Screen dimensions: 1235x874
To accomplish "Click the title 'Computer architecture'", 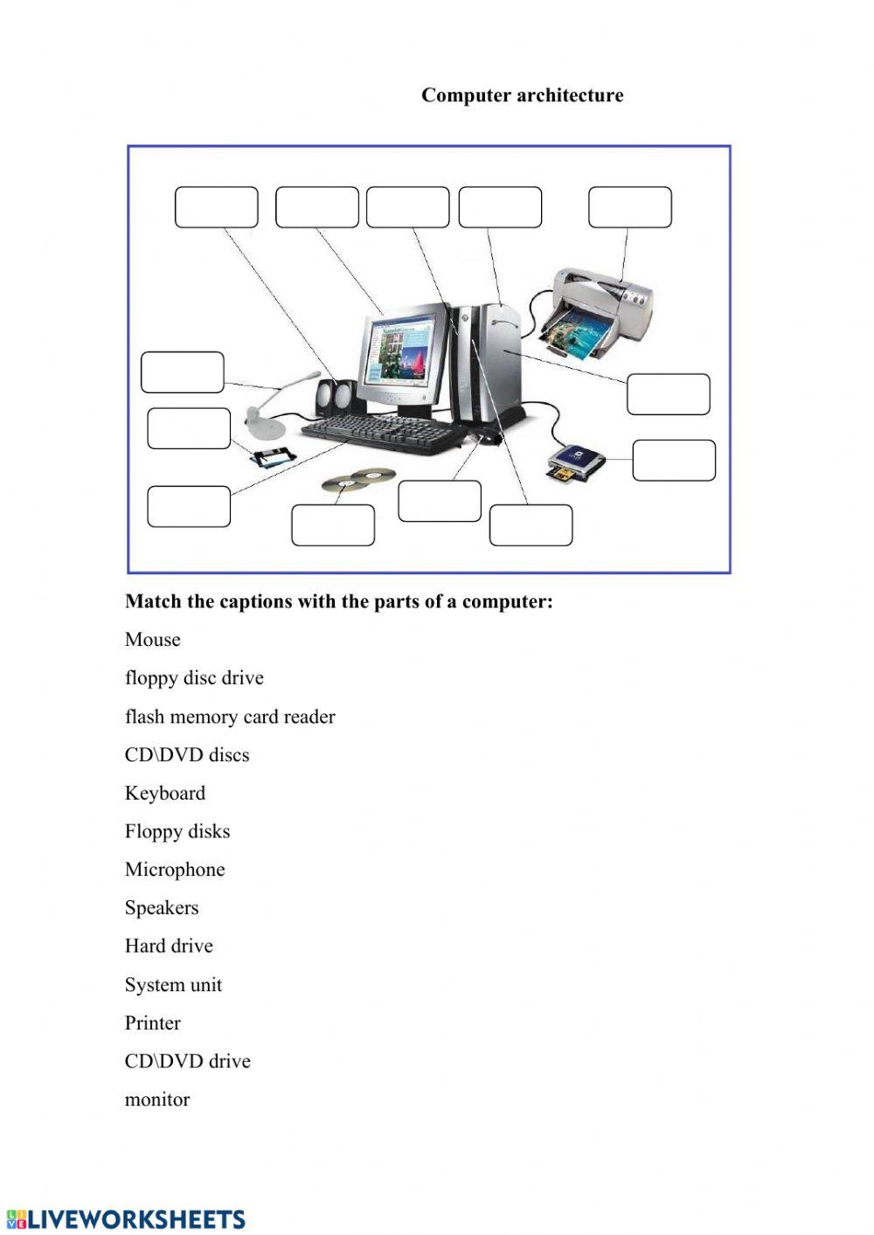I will click(522, 95).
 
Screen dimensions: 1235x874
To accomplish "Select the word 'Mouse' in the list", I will click(152, 640).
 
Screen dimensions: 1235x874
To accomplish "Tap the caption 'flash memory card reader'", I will click(230, 717).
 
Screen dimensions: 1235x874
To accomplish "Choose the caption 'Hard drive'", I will click(169, 946).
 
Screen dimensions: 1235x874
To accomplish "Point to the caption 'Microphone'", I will click(175, 870).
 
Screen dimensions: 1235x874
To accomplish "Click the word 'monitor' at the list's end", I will click(157, 1100).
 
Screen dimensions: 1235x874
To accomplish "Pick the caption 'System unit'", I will click(173, 985).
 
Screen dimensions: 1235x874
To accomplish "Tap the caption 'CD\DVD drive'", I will click(187, 1061).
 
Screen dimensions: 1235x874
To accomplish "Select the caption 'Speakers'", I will click(162, 908).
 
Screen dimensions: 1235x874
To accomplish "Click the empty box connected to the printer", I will click(629, 207).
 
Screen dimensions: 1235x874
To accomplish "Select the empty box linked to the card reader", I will click(673, 460).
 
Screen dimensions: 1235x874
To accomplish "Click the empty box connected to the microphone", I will click(182, 372).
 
